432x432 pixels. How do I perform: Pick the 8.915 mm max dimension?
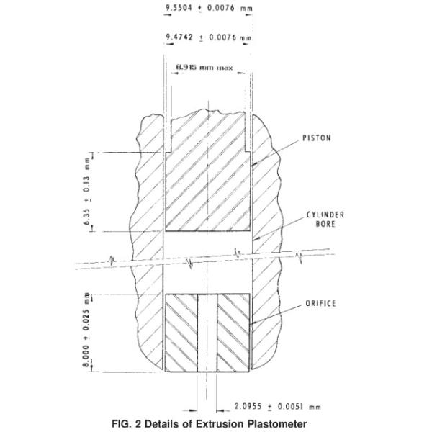click(x=207, y=69)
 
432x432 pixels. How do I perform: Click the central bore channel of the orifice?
click(x=207, y=333)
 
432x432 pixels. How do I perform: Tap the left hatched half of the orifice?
click(x=181, y=333)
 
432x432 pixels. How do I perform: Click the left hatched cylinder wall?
click(x=148, y=216)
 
